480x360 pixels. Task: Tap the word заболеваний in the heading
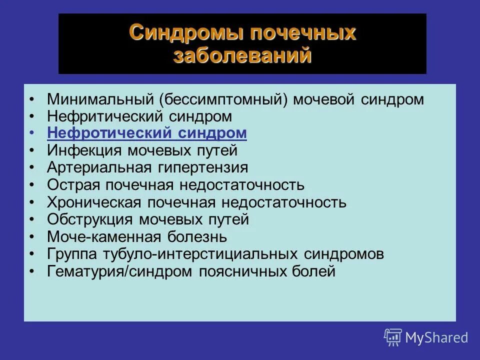242,55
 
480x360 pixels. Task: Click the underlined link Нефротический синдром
147,133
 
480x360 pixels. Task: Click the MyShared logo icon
392,337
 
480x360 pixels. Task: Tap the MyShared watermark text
436,338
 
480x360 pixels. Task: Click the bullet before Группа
32,254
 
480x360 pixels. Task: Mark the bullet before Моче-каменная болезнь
32,237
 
